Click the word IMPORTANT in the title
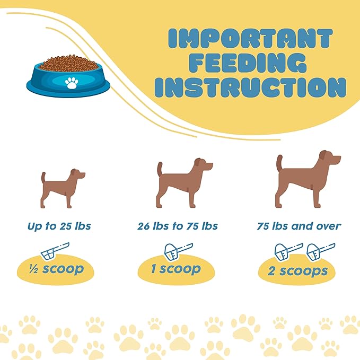pyautogui.click(x=250, y=39)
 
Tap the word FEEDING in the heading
pyautogui.click(x=249, y=63)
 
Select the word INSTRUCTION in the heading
pyautogui.click(x=250, y=87)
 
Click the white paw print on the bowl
pyautogui.click(x=72, y=83)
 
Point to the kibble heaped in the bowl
pyautogui.click(x=68, y=63)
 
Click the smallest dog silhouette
pyautogui.click(x=63, y=189)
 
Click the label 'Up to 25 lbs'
pyautogui.click(x=59, y=226)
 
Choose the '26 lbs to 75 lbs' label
pyautogui.click(x=178, y=226)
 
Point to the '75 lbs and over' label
pyautogui.click(x=298, y=226)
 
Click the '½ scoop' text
pyautogui.click(x=56, y=269)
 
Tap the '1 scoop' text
pyautogui.click(x=176, y=269)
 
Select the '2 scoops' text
pyautogui.click(x=297, y=271)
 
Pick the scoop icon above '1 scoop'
pyautogui.click(x=179, y=252)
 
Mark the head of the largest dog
pyautogui.click(x=330, y=158)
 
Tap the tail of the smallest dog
pyautogui.click(x=43, y=178)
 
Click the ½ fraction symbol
pyautogui.click(x=33, y=269)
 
